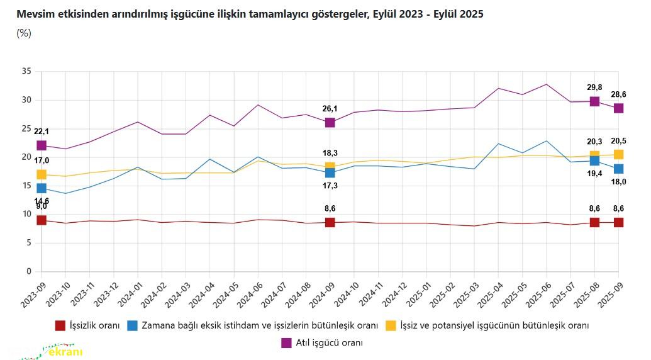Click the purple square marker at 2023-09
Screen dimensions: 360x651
tap(42, 145)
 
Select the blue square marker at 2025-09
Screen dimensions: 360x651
tap(618, 169)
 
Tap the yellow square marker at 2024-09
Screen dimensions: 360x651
tap(330, 167)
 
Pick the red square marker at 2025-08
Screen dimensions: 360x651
tap(594, 222)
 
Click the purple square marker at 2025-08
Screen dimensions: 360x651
tap(594, 101)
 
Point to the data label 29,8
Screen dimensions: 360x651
tap(594, 87)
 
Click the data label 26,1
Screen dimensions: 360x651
tap(330, 109)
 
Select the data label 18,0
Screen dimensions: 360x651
tap(618, 182)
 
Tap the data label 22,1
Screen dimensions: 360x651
tap(42, 132)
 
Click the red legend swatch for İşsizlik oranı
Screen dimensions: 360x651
tap(60, 325)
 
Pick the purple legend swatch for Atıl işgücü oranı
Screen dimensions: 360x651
tap(286, 342)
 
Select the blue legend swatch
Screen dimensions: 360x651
tap(132, 325)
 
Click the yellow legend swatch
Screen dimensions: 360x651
tap(391, 325)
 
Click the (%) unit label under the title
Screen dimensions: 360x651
tap(24, 33)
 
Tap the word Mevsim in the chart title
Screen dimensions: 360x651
tap(33, 13)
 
